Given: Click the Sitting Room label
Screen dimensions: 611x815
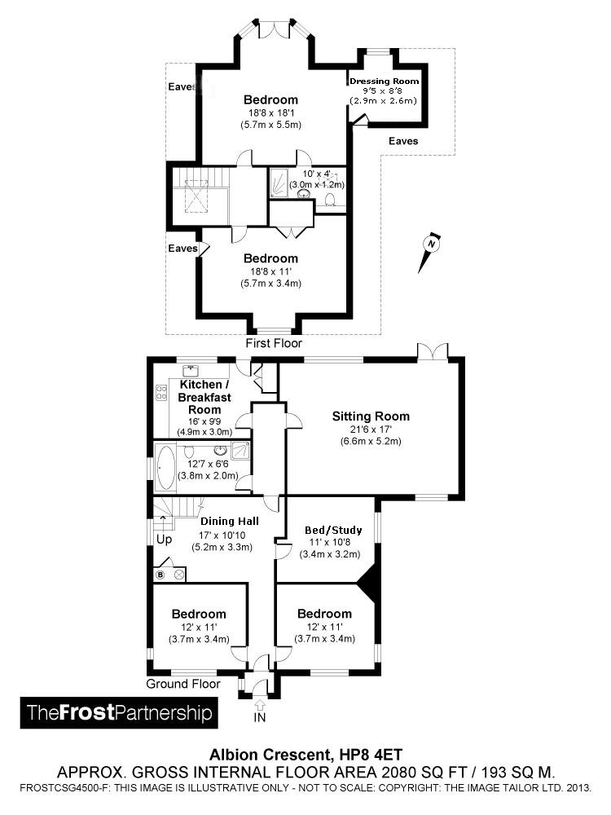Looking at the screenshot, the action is pyautogui.click(x=371, y=416).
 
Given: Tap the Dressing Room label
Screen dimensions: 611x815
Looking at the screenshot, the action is pyautogui.click(x=384, y=81).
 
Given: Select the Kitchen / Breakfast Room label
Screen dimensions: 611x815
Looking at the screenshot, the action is pyautogui.click(x=204, y=397).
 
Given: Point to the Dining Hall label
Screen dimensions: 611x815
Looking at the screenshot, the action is pyautogui.click(x=230, y=522).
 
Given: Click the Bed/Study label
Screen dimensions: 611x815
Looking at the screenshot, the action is pyautogui.click(x=333, y=531).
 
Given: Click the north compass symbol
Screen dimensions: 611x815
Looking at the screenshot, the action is pyautogui.click(x=430, y=250).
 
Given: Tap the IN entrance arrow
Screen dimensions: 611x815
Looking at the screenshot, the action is pyautogui.click(x=260, y=705).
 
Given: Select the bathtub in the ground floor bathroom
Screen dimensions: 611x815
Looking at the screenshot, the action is pyautogui.click(x=165, y=467).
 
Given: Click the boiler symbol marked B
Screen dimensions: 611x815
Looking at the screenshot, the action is pyautogui.click(x=160, y=575).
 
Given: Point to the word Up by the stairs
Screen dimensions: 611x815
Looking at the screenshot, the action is pyautogui.click(x=165, y=540).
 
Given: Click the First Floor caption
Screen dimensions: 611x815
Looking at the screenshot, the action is pyautogui.click(x=274, y=344).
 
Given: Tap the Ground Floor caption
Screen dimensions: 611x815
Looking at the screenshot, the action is pyautogui.click(x=182, y=684).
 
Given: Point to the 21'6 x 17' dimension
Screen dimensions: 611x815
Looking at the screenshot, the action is pyautogui.click(x=371, y=430).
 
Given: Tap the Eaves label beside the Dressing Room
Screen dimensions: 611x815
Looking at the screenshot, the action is pyautogui.click(x=403, y=141).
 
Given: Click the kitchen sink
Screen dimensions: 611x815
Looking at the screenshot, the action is pyautogui.click(x=191, y=371).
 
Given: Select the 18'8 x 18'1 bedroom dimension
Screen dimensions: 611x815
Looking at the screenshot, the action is pyautogui.click(x=270, y=112).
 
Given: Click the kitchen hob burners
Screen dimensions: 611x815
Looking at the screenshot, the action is pyautogui.click(x=161, y=393).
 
